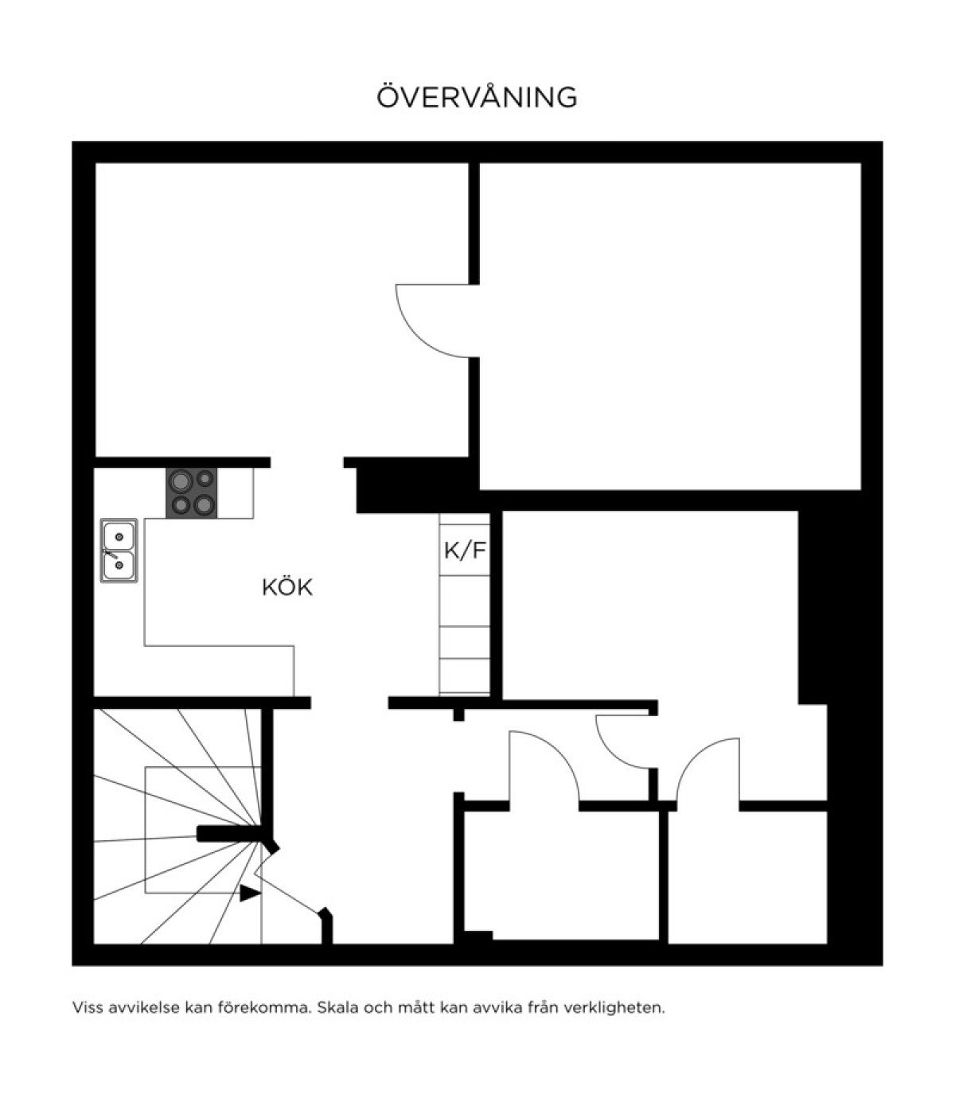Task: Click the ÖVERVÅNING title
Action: [x=477, y=96]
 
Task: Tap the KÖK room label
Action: [x=287, y=588]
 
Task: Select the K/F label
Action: [x=465, y=551]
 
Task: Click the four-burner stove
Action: [x=192, y=493]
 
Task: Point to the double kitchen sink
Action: [x=119, y=550]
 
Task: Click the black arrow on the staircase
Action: [x=250, y=893]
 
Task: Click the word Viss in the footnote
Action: [x=88, y=1007]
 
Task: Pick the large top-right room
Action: [x=670, y=325]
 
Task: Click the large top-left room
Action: [x=282, y=310]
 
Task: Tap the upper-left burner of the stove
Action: [x=181, y=481]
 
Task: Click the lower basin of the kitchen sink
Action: [x=119, y=566]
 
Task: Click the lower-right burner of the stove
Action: [x=204, y=504]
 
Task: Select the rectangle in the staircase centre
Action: [x=203, y=830]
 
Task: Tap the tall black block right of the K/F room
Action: [x=813, y=607]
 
